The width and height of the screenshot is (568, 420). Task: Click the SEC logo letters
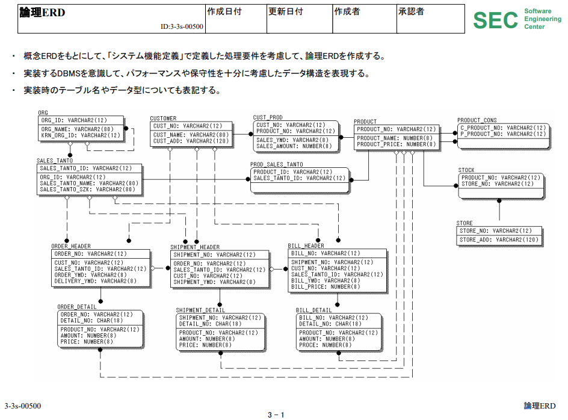[x=495, y=20]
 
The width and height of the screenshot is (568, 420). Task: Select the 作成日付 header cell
[x=224, y=12]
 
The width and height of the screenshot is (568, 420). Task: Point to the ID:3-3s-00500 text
[x=182, y=26]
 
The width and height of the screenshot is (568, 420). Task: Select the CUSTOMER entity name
[x=163, y=119]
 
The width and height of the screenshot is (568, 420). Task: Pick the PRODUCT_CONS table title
[x=477, y=120]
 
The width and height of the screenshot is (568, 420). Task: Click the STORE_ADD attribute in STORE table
[x=498, y=239]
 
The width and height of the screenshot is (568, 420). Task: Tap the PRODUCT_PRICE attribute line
[x=395, y=144]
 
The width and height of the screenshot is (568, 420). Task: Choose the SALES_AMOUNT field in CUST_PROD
[x=294, y=146]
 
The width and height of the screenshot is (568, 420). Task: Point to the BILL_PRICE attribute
[x=326, y=287]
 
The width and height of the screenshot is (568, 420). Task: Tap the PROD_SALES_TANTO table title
[x=276, y=164]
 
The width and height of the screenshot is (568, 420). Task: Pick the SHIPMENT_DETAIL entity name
[x=200, y=310]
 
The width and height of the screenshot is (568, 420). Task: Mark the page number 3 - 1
[x=276, y=414]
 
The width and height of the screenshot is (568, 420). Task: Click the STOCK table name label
[x=466, y=170]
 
